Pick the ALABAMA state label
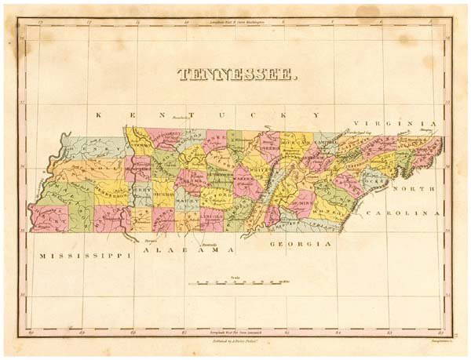click(188, 249)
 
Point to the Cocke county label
click(373, 180)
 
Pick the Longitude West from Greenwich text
click(235, 324)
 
